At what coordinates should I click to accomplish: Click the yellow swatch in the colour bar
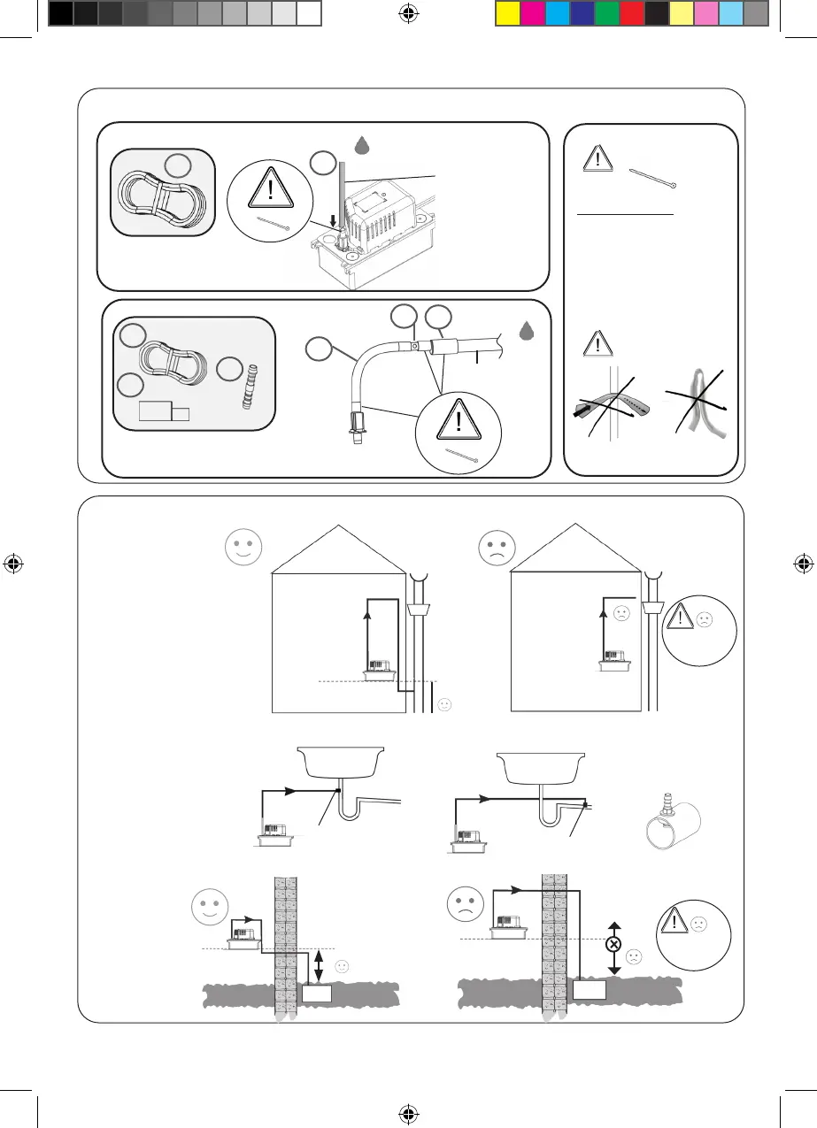[x=507, y=13]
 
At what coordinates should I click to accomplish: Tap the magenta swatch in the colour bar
[x=532, y=13]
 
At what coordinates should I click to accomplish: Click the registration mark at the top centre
[x=408, y=13]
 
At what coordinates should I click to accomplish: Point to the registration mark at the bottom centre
[x=408, y=1114]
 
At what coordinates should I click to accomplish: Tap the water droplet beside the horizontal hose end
[x=527, y=330]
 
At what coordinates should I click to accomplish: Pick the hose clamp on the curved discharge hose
[x=412, y=348]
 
